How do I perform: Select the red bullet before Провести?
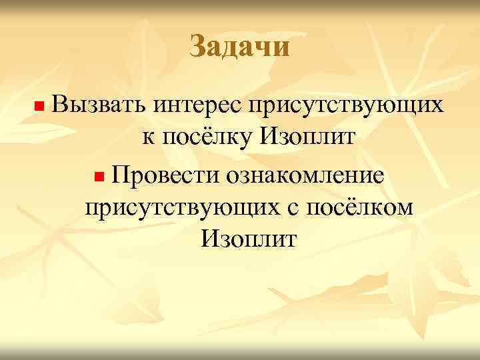coord(99,177)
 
